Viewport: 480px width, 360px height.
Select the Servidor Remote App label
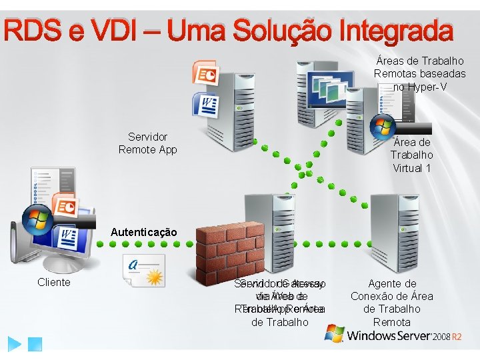coord(147,143)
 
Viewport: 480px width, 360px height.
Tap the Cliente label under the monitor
coord(54,282)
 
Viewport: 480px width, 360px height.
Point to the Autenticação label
coord(144,233)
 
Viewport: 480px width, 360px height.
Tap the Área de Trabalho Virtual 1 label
coord(411,155)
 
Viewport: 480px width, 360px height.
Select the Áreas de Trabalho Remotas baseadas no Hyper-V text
coord(419,73)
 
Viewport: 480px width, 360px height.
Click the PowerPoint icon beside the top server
coord(204,73)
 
